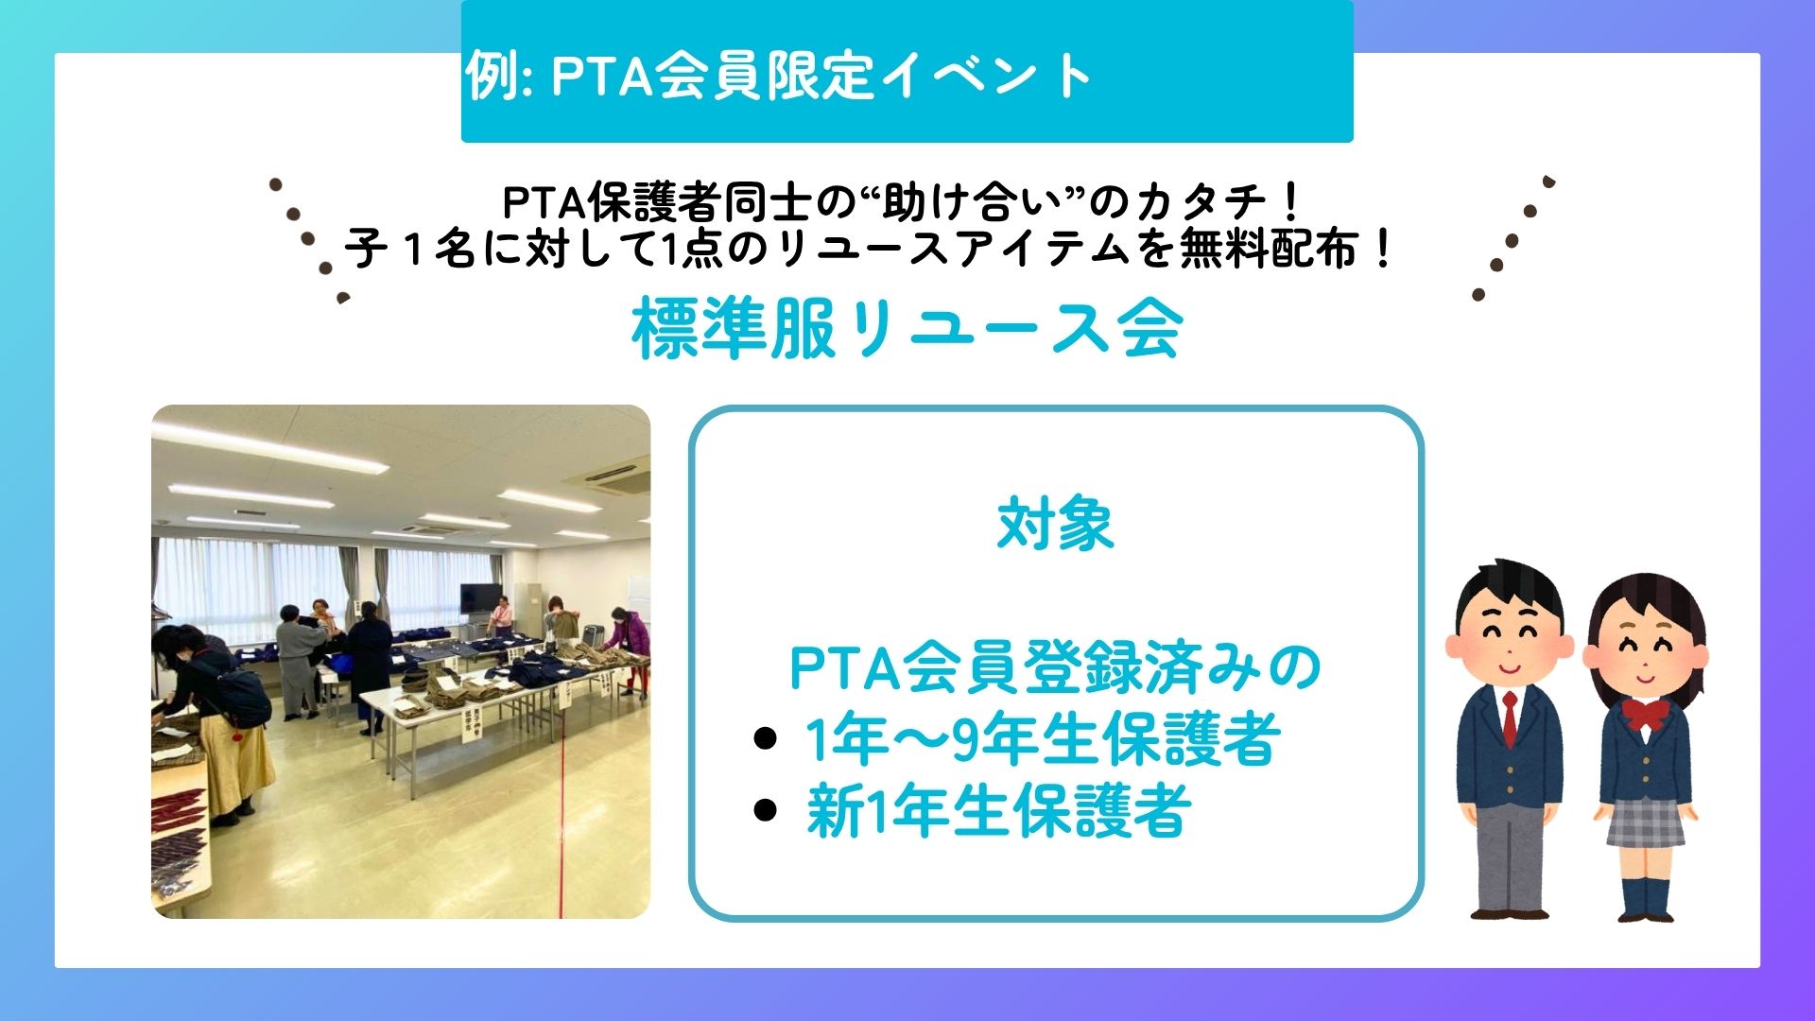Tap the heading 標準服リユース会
tap(907, 329)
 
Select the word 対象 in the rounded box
tap(1056, 525)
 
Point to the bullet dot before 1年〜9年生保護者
tap(766, 738)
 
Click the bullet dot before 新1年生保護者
tap(766, 810)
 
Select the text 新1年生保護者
tap(998, 811)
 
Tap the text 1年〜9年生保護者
tap(1043, 738)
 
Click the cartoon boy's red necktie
tap(1510, 718)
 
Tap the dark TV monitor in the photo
tap(481, 597)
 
